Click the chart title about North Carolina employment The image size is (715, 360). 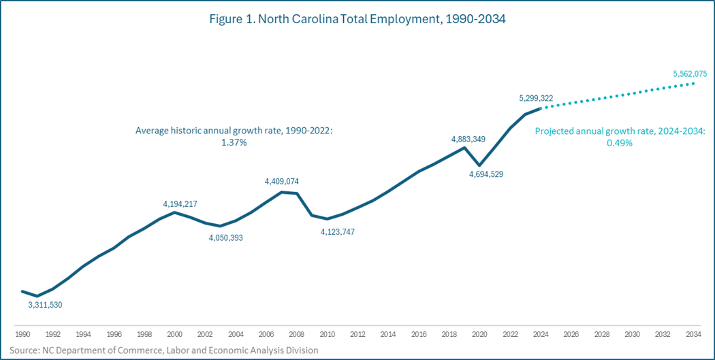tap(357, 20)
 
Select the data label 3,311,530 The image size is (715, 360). tap(45, 305)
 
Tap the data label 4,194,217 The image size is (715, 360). tap(180, 203)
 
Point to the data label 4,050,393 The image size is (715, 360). tap(225, 238)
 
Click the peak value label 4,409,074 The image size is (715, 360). tap(281, 182)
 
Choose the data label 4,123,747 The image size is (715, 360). tap(338, 231)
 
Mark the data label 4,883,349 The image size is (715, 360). tap(468, 140)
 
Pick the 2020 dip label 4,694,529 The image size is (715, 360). tap(486, 174)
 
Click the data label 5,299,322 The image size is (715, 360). tap(536, 98)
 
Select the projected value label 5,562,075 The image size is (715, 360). tap(689, 73)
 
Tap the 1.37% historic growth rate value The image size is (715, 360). tap(234, 143)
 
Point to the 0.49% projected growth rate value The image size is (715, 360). tap(620, 143)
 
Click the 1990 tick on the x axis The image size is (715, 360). tap(22, 335)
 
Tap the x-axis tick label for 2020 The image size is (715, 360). tap(480, 335)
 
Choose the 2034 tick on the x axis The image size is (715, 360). tap(693, 335)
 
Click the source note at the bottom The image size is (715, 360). tap(163, 350)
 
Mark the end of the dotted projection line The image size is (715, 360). tap(693, 83)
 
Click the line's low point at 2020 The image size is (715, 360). tap(480, 165)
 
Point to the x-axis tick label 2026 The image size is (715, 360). tap(571, 335)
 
